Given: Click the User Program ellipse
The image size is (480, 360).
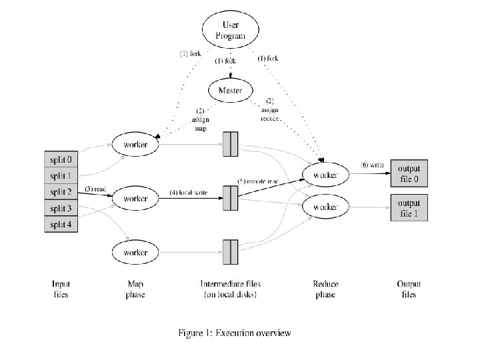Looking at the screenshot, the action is (x=231, y=30).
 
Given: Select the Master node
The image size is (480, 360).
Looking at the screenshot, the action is (x=231, y=90).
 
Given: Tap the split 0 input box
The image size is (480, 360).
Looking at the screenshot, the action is (x=61, y=159).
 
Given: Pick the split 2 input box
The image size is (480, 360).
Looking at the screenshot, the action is (x=61, y=191).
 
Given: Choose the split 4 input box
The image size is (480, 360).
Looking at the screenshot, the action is (x=61, y=224).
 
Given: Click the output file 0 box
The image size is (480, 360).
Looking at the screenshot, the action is (x=409, y=173).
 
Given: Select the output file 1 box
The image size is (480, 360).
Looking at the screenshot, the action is (x=409, y=208).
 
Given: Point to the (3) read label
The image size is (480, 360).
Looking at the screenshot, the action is (x=95, y=189).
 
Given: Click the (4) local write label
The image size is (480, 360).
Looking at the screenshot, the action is (x=188, y=193).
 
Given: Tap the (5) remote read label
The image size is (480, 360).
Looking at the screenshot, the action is (x=258, y=181).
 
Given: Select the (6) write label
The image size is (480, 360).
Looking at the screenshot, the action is (x=372, y=165).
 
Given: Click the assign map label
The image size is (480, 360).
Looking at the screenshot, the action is (x=201, y=120).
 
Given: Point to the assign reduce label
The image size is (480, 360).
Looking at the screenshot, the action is (x=270, y=109).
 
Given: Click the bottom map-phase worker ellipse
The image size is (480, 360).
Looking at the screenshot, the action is (x=135, y=253).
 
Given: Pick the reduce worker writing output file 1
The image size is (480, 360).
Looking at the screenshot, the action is (x=325, y=207).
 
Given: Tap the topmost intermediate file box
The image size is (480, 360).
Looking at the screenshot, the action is (x=231, y=144).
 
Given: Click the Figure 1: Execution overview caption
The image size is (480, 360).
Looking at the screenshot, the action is (x=235, y=333).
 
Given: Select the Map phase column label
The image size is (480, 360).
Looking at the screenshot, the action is (x=135, y=289).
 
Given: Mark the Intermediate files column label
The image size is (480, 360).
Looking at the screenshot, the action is (x=230, y=289).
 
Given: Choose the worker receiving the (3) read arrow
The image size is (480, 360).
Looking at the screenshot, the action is (x=135, y=199).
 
